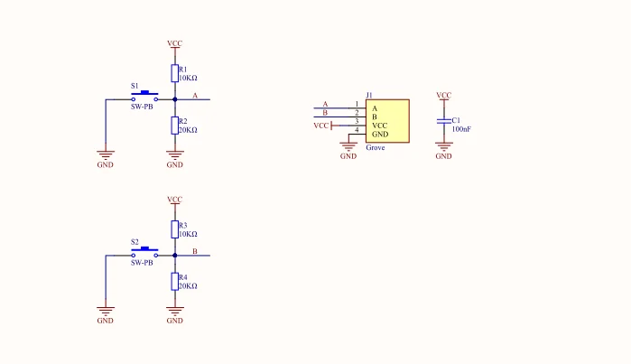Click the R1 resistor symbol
(x=174, y=73)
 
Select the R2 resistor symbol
(x=174, y=126)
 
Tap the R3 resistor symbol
(x=174, y=229)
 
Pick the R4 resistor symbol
(x=174, y=281)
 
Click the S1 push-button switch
(x=144, y=97)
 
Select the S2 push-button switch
(x=144, y=253)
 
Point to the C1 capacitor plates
(x=444, y=121)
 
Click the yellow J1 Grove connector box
(x=387, y=121)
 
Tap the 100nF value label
(x=461, y=129)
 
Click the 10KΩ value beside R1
(x=188, y=78)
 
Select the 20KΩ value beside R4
(x=188, y=286)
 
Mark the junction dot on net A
(x=174, y=99)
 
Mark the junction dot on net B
(x=174, y=256)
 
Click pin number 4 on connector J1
(x=357, y=130)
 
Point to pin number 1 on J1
(x=357, y=104)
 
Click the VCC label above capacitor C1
(x=444, y=95)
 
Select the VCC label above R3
(x=174, y=200)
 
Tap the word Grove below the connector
(x=376, y=148)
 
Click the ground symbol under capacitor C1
(x=444, y=146)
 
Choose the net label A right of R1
(x=195, y=96)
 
